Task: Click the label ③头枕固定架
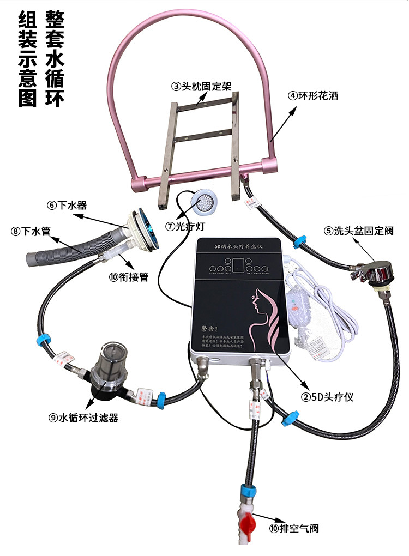201,86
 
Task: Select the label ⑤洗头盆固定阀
358,231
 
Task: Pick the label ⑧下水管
30,232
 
